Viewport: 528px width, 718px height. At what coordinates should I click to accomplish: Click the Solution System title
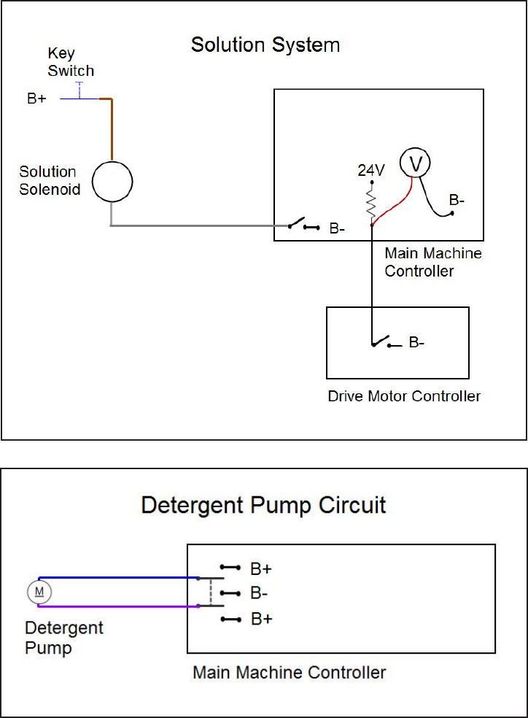tap(265, 45)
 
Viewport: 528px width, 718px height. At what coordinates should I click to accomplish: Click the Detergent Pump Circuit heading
tap(263, 506)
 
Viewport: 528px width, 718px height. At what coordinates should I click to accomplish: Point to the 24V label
tap(371, 170)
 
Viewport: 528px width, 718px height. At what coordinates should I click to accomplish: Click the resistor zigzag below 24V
tap(371, 204)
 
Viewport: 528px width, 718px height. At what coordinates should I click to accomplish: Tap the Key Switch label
tap(71, 62)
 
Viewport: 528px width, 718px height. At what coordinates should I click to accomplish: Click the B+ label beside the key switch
tap(36, 99)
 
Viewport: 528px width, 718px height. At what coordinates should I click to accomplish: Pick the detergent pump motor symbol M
tap(39, 592)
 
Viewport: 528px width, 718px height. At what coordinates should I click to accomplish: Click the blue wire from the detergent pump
tap(119, 578)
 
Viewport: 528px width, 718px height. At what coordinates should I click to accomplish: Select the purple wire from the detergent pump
tap(119, 606)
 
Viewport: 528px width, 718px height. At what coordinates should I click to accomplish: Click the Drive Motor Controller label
tap(404, 396)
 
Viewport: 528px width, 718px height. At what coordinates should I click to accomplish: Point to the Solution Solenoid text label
tap(50, 180)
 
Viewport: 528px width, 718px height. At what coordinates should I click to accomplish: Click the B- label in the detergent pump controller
tap(259, 593)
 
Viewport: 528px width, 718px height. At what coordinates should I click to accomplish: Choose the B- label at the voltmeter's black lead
tap(457, 200)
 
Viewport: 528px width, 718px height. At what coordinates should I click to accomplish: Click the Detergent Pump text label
tap(64, 638)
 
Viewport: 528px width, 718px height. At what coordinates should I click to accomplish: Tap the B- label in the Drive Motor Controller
tap(416, 342)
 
